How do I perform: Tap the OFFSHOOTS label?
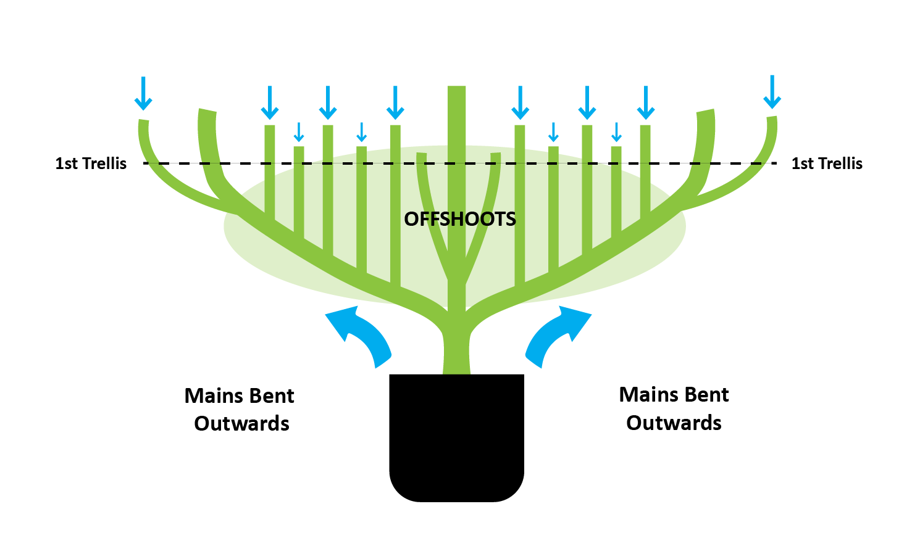click(459, 219)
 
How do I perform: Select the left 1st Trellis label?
click(91, 163)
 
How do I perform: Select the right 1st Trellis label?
click(827, 163)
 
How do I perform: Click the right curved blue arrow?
click(556, 333)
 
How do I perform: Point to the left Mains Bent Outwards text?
click(240, 410)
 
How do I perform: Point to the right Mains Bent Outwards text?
click(674, 408)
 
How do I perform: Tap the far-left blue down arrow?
click(143, 94)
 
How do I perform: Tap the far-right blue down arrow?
click(772, 93)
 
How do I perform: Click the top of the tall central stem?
click(456, 90)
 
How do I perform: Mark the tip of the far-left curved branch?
click(143, 122)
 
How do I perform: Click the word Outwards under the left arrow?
click(241, 424)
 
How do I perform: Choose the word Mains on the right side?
click(646, 395)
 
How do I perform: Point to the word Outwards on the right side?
click(674, 423)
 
